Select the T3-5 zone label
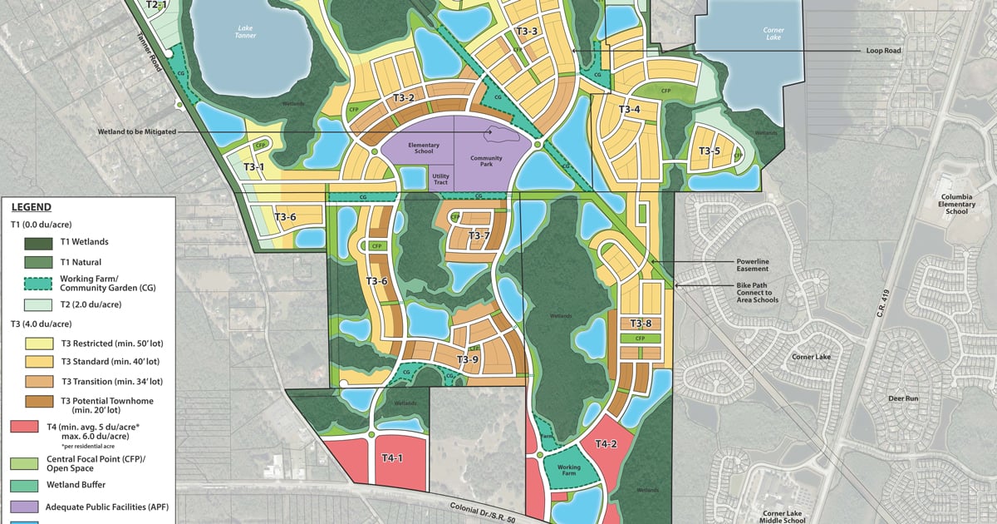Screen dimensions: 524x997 point(708,151)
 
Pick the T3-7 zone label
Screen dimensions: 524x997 point(479,235)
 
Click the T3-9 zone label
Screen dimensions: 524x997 point(468,359)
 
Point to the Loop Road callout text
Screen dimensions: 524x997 point(883,51)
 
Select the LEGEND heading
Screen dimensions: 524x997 point(32,207)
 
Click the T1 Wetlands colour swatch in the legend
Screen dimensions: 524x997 point(32,242)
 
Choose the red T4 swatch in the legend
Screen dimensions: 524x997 point(32,427)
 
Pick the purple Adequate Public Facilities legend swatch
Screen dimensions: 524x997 point(32,506)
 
